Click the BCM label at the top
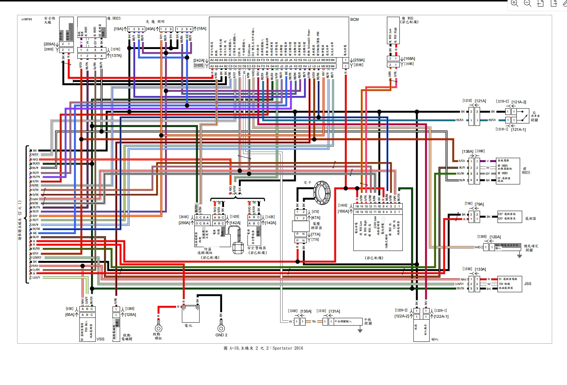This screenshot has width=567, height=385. (354, 20)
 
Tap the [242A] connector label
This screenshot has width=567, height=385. (199, 60)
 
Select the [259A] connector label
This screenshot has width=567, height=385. (359, 60)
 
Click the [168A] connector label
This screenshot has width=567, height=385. (409, 59)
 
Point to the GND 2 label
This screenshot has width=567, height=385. (221, 335)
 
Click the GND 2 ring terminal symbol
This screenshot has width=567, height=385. (221, 328)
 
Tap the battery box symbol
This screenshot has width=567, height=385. (191, 314)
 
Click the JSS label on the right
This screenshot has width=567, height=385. (528, 284)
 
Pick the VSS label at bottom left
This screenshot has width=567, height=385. (100, 339)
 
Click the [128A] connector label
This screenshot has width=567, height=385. (130, 315)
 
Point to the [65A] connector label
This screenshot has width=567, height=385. (70, 315)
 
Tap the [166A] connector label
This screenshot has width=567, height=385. (343, 211)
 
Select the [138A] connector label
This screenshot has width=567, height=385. (467, 152)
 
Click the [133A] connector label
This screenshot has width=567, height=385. (480, 269)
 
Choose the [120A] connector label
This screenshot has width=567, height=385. (495, 237)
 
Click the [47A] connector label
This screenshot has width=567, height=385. (316, 218)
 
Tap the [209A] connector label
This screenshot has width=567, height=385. (49, 44)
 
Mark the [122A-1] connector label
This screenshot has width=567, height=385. (441, 317)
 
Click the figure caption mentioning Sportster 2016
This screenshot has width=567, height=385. (263, 348)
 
